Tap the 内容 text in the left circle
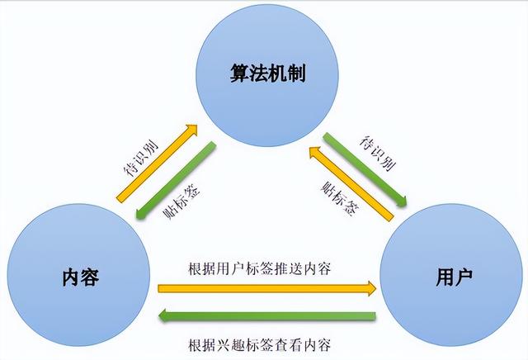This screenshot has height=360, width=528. [81, 276]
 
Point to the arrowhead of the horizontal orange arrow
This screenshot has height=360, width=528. [370, 288]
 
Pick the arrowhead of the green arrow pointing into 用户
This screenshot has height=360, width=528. [402, 201]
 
